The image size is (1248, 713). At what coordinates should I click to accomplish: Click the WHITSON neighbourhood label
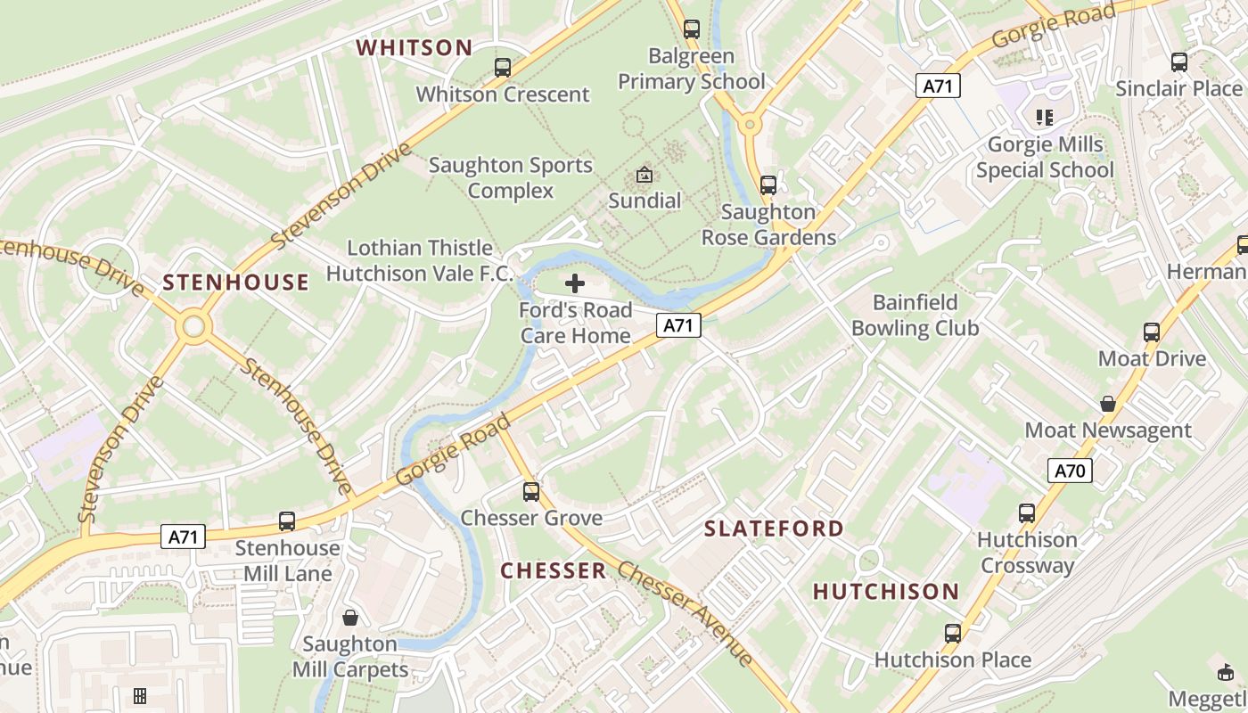click(415, 47)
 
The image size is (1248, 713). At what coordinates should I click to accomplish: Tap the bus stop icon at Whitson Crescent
click(503, 67)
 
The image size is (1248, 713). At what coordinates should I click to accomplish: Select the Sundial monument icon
click(644, 175)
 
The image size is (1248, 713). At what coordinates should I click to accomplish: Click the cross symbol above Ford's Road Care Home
click(575, 283)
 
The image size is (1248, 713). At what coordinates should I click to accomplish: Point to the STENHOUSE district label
click(236, 283)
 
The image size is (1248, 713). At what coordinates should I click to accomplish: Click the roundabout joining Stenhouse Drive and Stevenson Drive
click(193, 326)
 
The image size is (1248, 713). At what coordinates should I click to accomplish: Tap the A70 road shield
click(1069, 471)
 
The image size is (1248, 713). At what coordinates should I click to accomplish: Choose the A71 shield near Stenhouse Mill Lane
click(184, 537)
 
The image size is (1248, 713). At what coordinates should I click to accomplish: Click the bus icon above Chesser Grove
click(531, 491)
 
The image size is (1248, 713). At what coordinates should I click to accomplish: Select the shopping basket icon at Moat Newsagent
click(1107, 404)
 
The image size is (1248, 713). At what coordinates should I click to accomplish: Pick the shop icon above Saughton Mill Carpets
click(350, 618)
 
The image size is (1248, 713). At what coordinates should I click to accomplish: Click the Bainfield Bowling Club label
click(915, 316)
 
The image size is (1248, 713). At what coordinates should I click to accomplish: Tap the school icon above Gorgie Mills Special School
click(1044, 117)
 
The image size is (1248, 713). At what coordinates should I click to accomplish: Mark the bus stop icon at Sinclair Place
click(1179, 62)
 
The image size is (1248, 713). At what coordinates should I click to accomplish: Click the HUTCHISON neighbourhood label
click(886, 591)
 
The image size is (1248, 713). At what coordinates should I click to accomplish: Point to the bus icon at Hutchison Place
click(953, 634)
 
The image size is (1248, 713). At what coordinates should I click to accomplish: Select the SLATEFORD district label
click(774, 529)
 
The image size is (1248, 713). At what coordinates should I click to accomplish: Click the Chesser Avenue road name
click(686, 614)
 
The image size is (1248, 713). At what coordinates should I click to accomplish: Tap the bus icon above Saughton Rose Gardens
click(768, 185)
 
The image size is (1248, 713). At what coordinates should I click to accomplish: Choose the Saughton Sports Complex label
click(511, 177)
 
